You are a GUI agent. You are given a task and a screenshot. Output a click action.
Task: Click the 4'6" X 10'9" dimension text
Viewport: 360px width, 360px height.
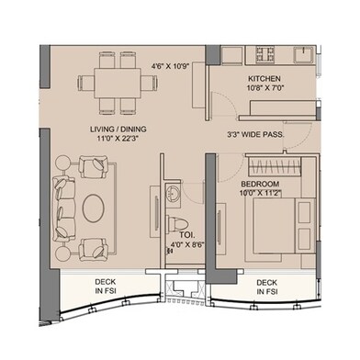coord(170,66)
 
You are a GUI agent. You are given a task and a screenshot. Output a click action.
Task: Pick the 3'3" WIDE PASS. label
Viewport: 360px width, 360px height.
coord(254,135)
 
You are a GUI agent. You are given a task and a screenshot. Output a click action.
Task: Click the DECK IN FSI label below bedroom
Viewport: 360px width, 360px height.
coord(267,288)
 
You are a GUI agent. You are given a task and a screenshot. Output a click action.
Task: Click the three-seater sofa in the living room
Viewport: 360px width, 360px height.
coord(64,208)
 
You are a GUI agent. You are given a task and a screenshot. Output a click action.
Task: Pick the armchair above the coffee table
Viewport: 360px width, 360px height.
coord(95,167)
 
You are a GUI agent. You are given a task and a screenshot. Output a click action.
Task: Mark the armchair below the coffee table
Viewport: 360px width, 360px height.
coord(95,249)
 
